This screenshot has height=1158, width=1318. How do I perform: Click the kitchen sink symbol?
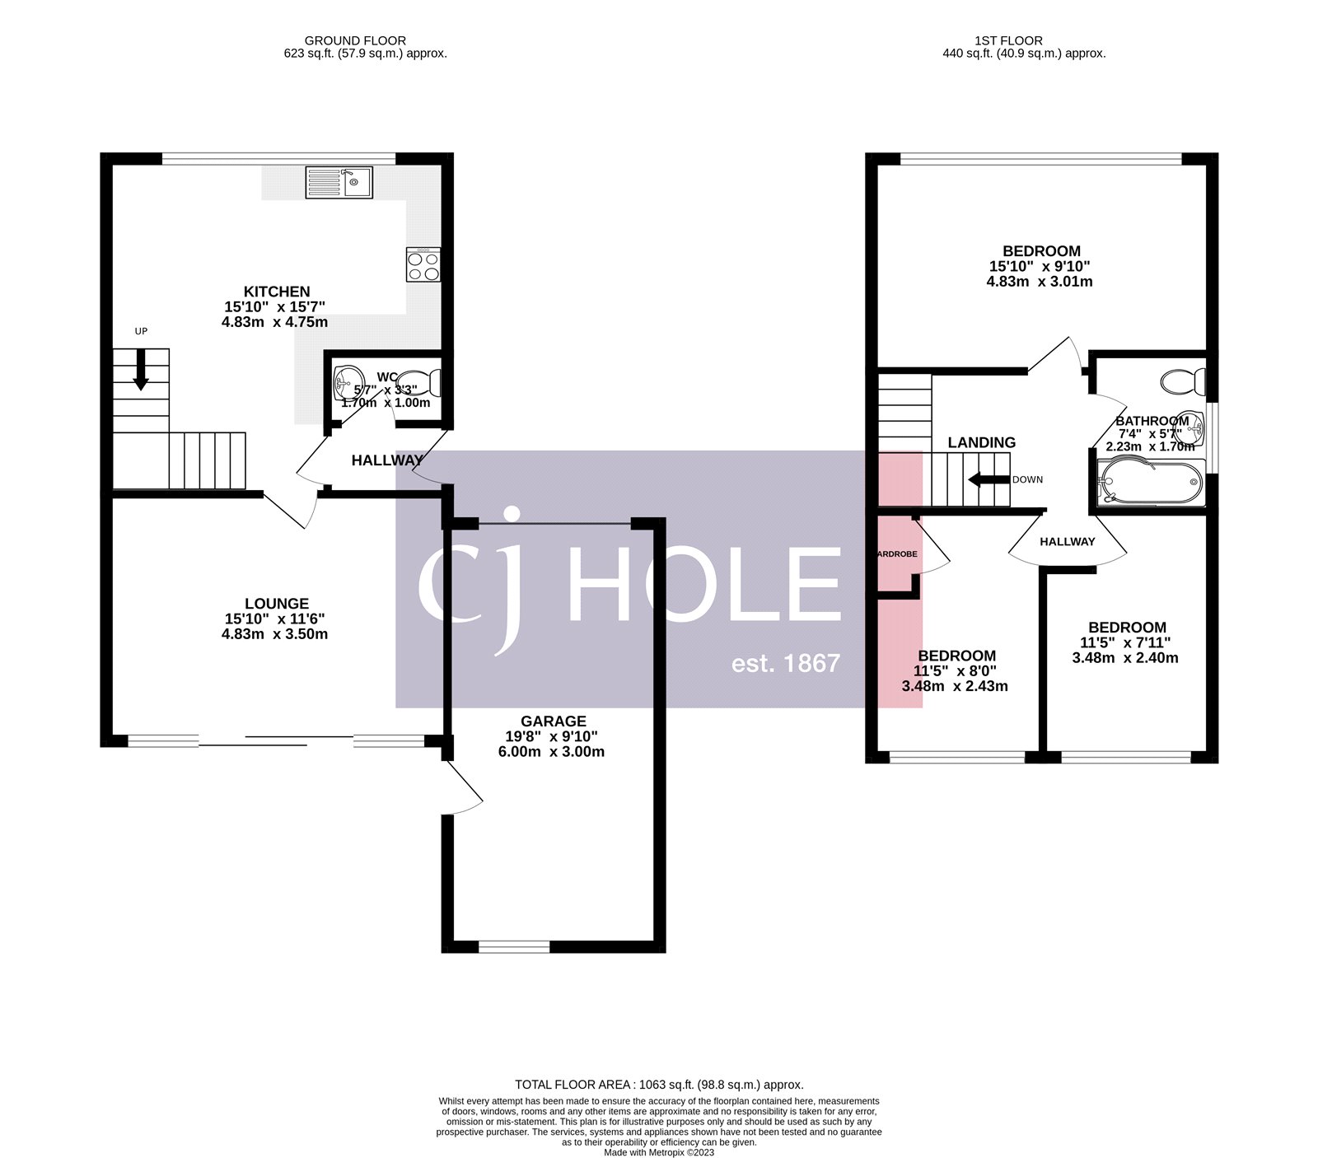coord(339,182)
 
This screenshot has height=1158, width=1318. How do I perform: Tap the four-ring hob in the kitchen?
coord(423,265)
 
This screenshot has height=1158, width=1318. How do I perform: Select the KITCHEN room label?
coord(277,292)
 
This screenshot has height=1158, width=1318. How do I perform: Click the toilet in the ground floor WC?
coord(426,383)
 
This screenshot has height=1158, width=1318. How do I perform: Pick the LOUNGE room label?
coord(277,604)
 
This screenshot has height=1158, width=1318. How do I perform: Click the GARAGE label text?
coord(553,721)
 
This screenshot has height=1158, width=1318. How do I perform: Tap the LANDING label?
coord(981,442)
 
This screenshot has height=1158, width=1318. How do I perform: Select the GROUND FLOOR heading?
coord(355,40)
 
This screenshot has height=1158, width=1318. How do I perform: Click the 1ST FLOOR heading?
coord(1008,40)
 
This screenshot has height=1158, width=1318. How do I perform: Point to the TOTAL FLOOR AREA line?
coord(659,1085)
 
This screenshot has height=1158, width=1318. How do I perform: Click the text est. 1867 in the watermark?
coord(785,663)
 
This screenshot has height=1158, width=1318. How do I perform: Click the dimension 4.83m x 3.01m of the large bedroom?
coord(1040,281)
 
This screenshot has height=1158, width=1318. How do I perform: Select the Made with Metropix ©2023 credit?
coord(659,1152)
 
